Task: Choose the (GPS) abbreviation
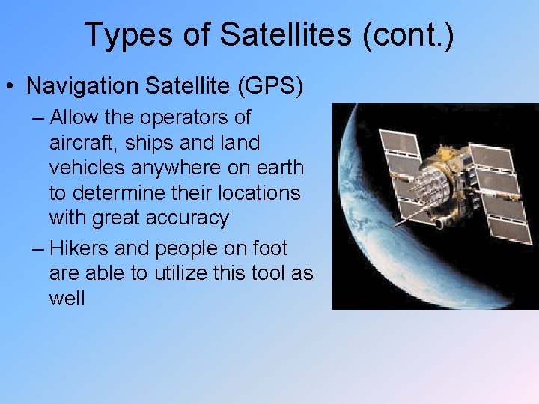tap(270, 85)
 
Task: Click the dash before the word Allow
tap(39, 118)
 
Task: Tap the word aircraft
tap(79, 142)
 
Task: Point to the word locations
tap(258, 192)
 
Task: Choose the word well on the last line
tap(67, 299)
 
